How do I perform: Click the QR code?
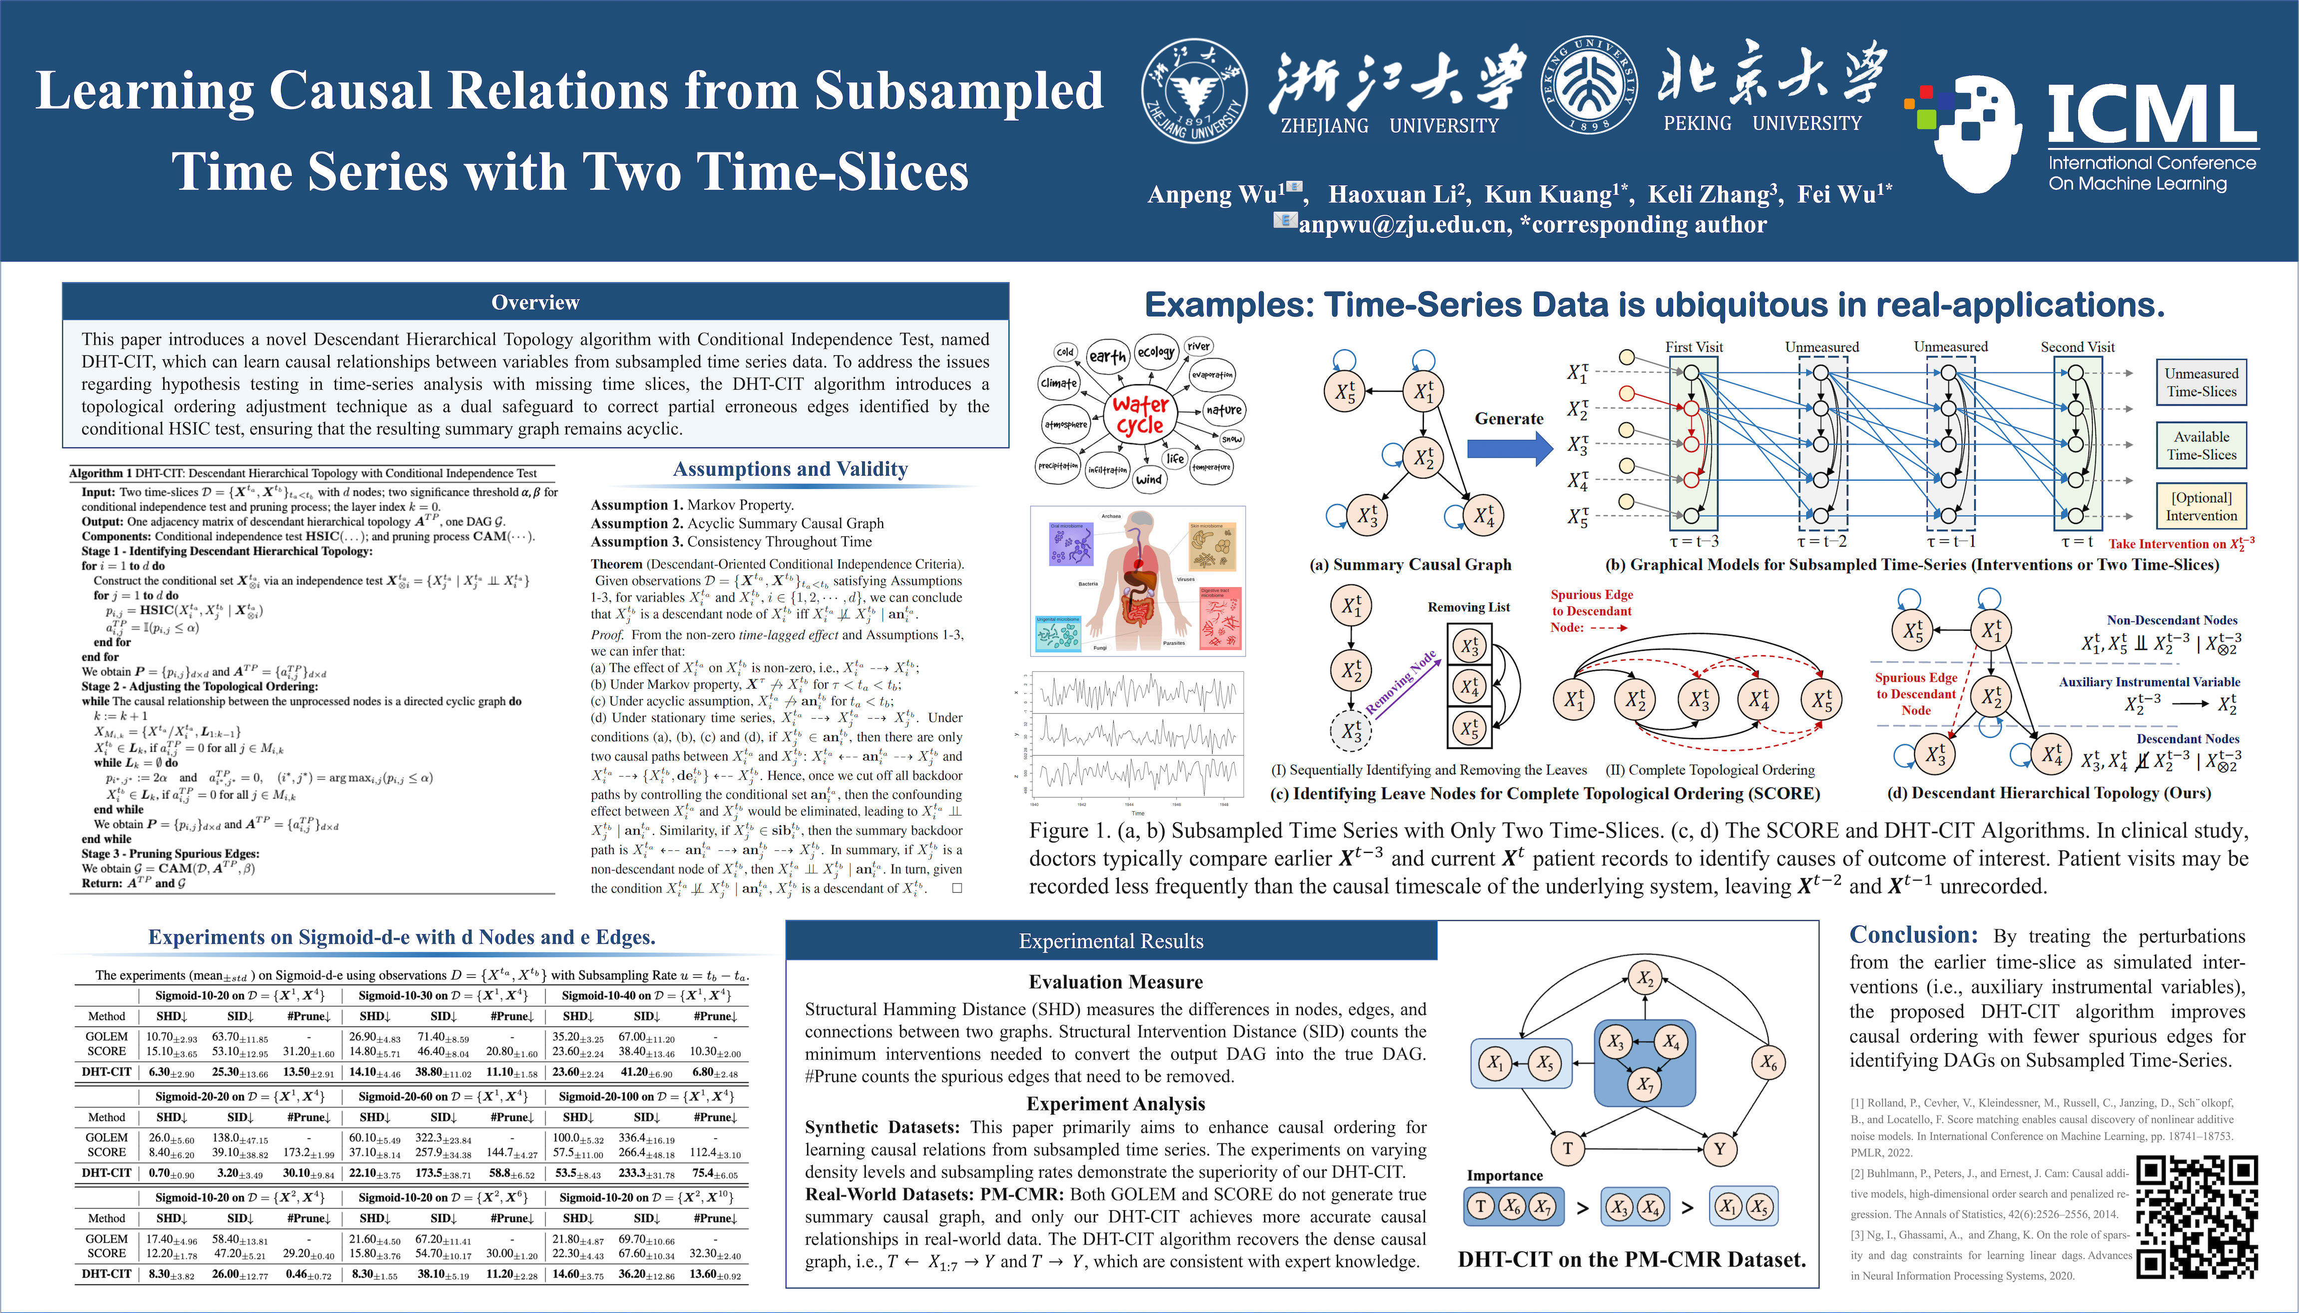click(x=2196, y=1217)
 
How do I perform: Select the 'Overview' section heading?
click(x=535, y=302)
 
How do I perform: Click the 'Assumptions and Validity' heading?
click(x=790, y=469)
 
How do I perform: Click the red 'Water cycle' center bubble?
click(x=1140, y=415)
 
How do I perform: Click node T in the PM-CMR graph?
click(x=1568, y=1148)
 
